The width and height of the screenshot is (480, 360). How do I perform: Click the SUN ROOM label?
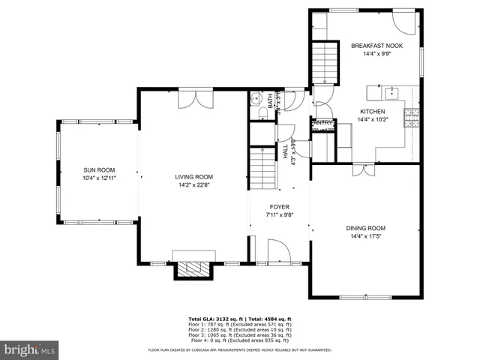99,170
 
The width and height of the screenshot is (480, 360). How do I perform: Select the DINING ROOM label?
365,228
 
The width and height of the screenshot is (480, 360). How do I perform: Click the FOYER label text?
280,206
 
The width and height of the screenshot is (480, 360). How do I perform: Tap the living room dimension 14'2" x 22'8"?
193,185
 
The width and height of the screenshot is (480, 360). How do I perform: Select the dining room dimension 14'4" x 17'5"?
365,237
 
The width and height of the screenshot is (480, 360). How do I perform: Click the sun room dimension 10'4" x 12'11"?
99,178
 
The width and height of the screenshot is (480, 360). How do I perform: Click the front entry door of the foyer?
274,252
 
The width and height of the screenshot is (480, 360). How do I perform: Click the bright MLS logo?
30,349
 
